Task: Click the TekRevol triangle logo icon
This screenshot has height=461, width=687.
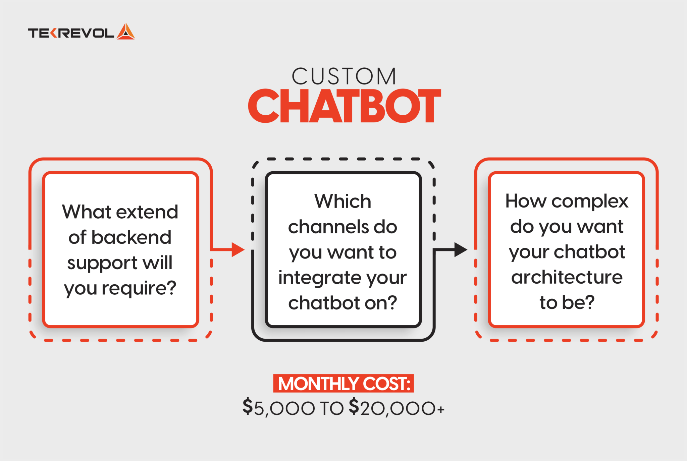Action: click(x=126, y=32)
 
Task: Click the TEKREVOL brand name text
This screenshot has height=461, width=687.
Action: click(x=71, y=33)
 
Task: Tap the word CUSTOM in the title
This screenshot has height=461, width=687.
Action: click(x=344, y=76)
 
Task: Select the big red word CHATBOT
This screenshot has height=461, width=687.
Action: click(x=344, y=106)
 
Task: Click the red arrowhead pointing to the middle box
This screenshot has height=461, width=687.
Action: click(x=237, y=249)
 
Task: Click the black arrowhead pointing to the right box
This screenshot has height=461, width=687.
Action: click(x=460, y=249)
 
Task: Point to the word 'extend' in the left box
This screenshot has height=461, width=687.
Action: click(x=147, y=212)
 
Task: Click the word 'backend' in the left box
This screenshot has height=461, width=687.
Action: click(x=131, y=237)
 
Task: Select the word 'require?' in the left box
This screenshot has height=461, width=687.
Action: click(x=139, y=288)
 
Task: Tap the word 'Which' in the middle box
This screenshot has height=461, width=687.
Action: click(x=343, y=201)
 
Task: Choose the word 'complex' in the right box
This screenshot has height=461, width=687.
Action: click(x=590, y=201)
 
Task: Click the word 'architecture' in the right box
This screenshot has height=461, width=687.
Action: click(x=567, y=277)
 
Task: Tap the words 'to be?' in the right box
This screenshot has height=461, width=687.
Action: click(x=567, y=302)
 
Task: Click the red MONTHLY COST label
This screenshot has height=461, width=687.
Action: click(x=343, y=384)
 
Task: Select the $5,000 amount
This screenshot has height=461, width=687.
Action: click(x=279, y=408)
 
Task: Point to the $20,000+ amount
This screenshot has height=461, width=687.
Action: click(x=397, y=408)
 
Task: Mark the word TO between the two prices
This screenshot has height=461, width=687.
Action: click(x=332, y=408)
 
